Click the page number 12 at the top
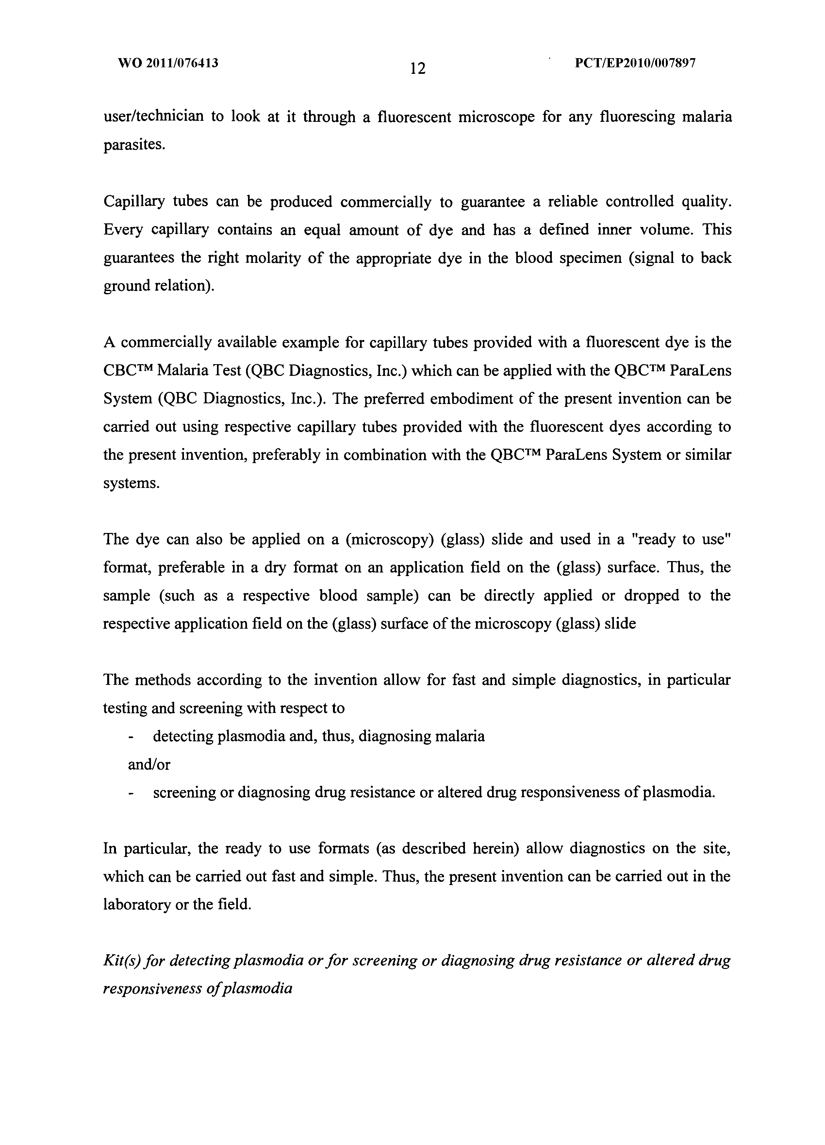pos(418,67)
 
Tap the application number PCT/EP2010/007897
pos(635,63)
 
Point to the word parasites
pos(134,145)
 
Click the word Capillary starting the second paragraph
pos(134,202)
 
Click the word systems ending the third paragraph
pos(131,483)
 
